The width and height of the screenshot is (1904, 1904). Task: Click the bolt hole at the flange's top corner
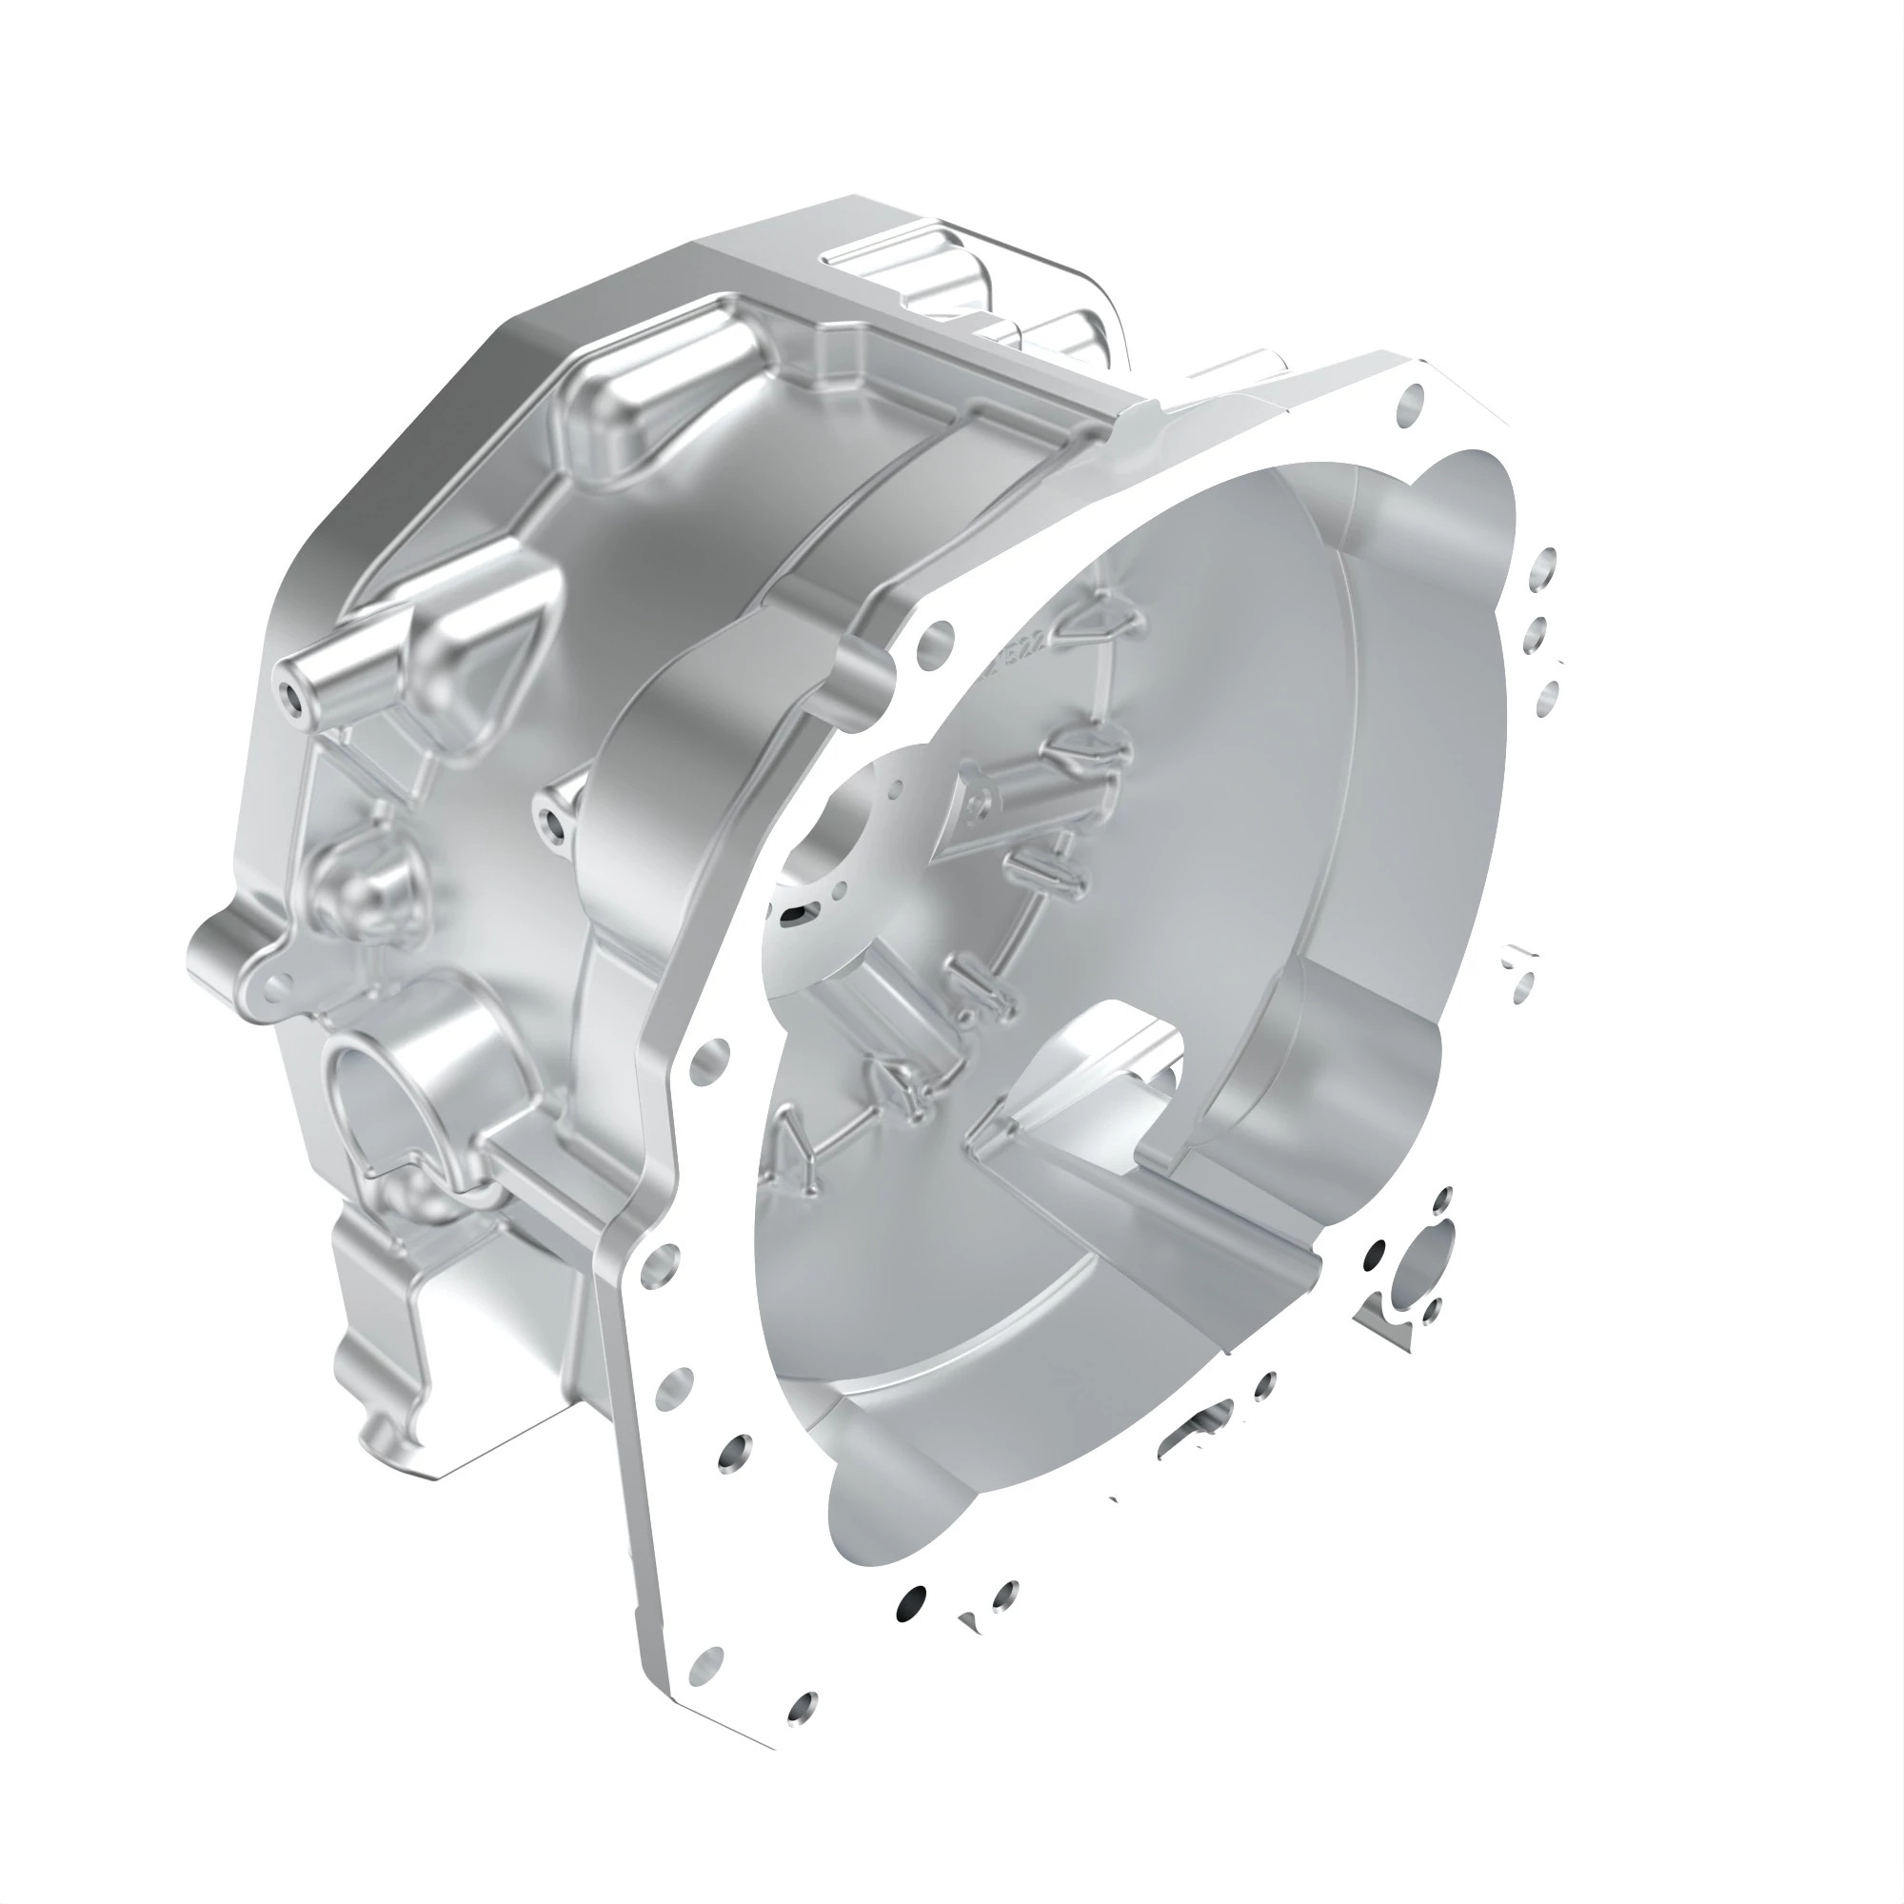tap(1412, 399)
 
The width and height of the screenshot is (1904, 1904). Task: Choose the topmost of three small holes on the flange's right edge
tap(1545, 567)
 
